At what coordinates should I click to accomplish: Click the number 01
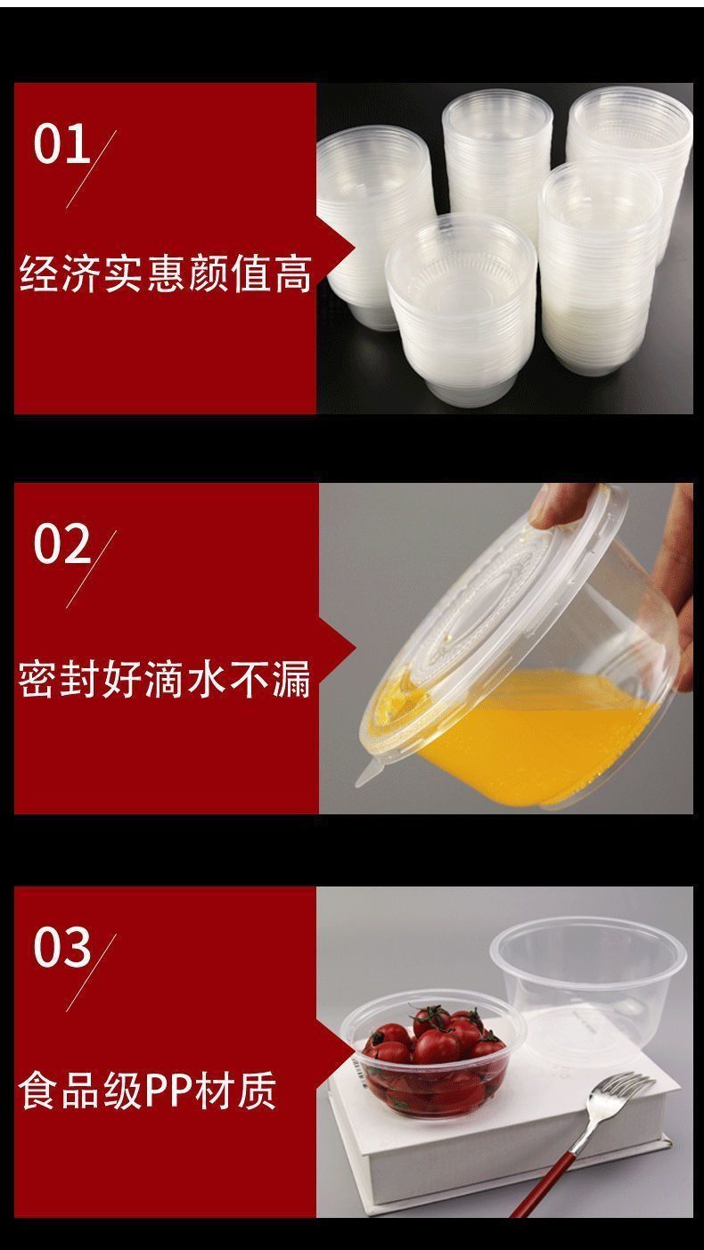coord(62,144)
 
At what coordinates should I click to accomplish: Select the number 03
coord(62,946)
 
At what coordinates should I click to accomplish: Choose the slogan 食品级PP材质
coord(148,1090)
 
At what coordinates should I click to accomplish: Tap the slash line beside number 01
coord(92,169)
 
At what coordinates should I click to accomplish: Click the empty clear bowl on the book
coord(588,980)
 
